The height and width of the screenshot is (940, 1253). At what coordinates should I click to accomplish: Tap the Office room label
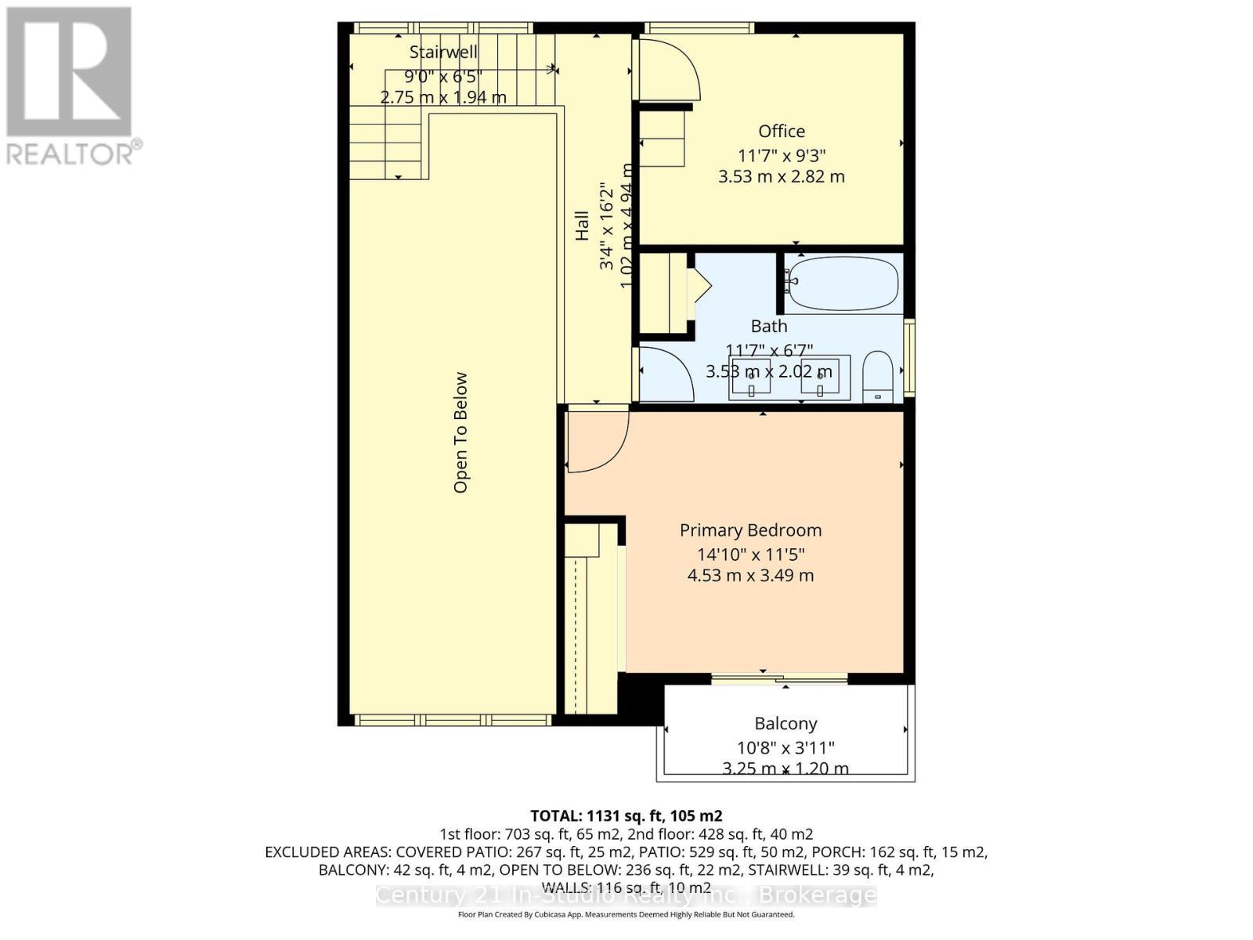[781, 132]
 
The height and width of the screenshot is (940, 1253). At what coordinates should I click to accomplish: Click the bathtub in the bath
[842, 283]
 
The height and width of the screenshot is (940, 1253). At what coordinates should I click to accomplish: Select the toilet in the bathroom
[878, 377]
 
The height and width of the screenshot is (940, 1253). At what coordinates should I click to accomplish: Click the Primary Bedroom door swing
[597, 440]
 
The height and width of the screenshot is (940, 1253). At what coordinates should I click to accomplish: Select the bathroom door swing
[665, 375]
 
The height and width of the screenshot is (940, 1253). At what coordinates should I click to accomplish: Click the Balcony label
[785, 724]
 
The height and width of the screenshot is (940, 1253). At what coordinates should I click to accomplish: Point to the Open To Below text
[460, 432]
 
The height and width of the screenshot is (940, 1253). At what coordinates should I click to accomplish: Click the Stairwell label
[443, 52]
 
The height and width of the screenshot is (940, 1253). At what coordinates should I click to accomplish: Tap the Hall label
[582, 226]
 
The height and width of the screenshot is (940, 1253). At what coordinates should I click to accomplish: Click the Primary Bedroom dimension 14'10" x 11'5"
[751, 555]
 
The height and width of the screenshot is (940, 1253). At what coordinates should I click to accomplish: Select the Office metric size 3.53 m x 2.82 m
[781, 176]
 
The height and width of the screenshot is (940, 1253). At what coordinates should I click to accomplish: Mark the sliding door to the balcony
[779, 678]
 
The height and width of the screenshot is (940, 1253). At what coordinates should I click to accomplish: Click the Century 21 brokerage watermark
[626, 895]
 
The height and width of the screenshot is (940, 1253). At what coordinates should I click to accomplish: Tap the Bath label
[768, 326]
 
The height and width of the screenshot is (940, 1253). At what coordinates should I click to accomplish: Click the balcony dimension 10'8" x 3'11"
[785, 747]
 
